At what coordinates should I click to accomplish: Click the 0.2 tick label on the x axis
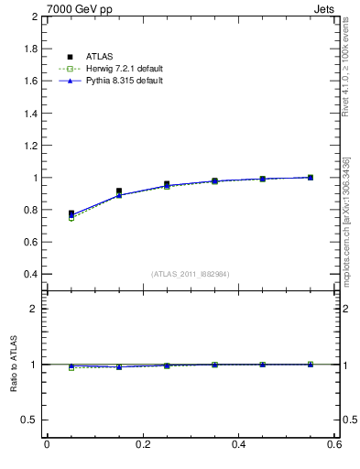[x=142, y=445]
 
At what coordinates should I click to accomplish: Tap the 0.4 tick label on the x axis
[x=238, y=445]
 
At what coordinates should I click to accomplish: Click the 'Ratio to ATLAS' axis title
[x=15, y=365]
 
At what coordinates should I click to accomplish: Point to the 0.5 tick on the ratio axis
[x=31, y=420]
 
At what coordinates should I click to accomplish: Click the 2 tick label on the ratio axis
[x=36, y=309]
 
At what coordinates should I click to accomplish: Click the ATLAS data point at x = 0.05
[x=71, y=213]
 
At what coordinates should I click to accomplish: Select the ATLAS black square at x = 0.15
[x=119, y=191]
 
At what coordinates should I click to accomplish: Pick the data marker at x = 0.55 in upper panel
[x=311, y=177]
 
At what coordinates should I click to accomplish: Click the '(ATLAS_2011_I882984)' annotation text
[x=190, y=274]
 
